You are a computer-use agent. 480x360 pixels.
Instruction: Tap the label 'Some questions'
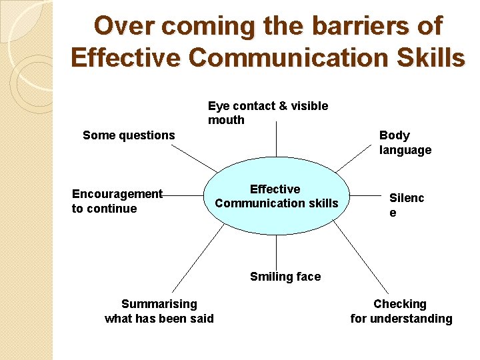click(x=129, y=135)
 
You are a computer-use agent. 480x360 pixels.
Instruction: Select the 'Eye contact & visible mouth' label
click(x=268, y=113)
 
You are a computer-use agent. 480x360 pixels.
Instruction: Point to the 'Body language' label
click(x=405, y=143)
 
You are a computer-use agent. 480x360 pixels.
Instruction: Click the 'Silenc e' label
click(x=406, y=205)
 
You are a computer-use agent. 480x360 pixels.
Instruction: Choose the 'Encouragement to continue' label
click(x=117, y=201)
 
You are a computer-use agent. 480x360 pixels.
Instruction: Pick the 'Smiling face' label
click(x=285, y=277)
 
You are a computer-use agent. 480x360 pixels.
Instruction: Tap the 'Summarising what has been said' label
click(x=159, y=311)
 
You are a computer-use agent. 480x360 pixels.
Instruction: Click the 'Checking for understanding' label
click(x=401, y=311)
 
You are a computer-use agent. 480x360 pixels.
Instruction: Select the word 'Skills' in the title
click(x=431, y=57)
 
